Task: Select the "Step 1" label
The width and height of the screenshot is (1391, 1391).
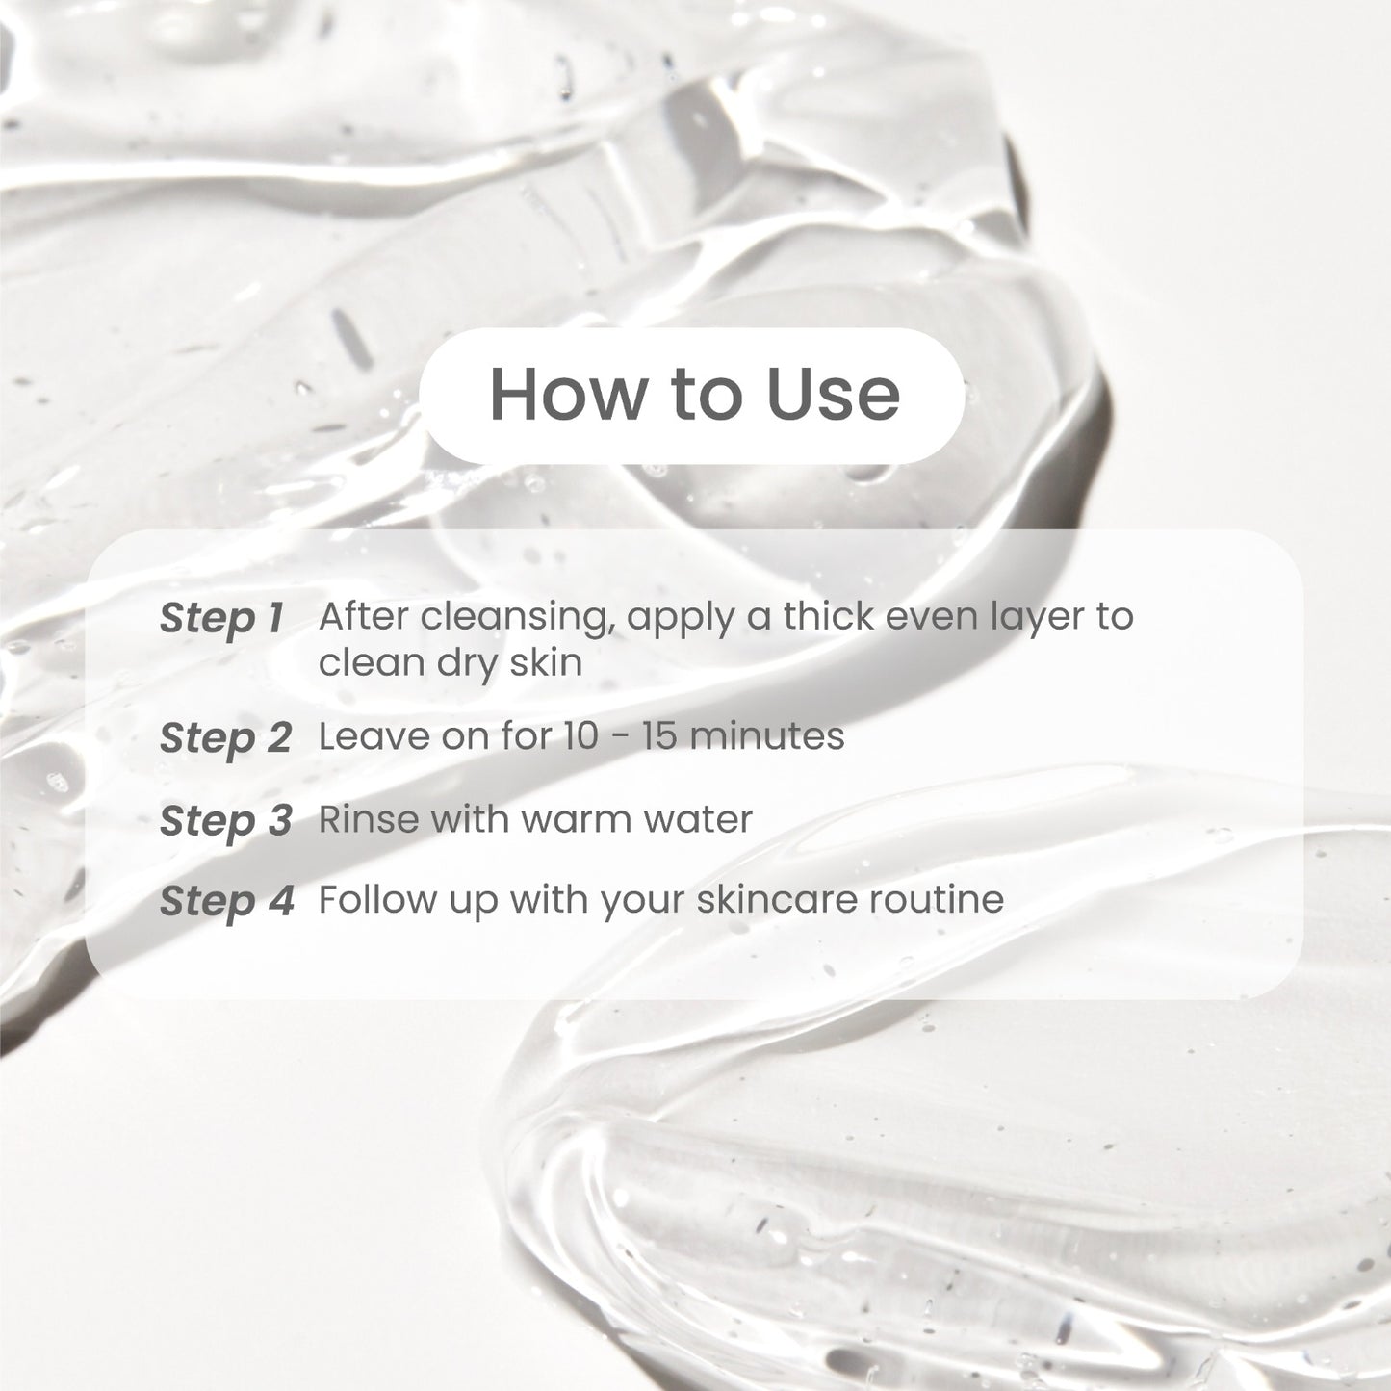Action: [221, 618]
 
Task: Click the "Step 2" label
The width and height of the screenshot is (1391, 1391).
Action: [225, 738]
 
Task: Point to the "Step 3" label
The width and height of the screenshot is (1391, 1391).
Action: [225, 820]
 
